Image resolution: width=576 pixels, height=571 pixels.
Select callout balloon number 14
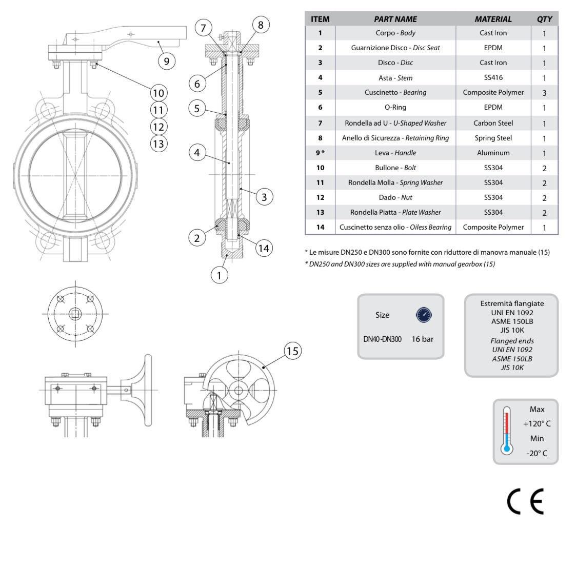[x=264, y=249]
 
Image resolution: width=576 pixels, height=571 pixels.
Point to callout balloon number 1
[x=219, y=275]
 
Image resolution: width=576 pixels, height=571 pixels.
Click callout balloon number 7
[x=204, y=28]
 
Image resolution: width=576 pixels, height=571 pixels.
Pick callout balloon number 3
[x=264, y=196]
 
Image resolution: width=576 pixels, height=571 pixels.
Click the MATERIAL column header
[x=493, y=19]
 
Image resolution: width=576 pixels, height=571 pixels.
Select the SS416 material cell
[x=493, y=78]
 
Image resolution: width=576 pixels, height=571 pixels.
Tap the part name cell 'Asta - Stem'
[x=395, y=78]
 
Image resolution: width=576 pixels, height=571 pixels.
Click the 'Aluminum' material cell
[x=493, y=153]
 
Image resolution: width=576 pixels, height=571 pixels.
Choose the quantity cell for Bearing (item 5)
[x=544, y=93]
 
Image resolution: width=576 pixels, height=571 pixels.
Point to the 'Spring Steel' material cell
[x=493, y=138]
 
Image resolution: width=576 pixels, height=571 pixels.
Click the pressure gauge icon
[x=424, y=315]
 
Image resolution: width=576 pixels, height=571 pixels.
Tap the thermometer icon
[x=507, y=432]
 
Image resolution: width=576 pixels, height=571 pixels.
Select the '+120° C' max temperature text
[x=537, y=424]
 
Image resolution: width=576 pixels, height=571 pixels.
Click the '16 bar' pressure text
[x=422, y=339]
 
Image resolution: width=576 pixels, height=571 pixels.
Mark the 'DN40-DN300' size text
[x=382, y=339]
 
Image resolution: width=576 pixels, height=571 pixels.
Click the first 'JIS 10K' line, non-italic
[x=512, y=330]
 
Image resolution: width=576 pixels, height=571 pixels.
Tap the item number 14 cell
[x=320, y=227]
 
